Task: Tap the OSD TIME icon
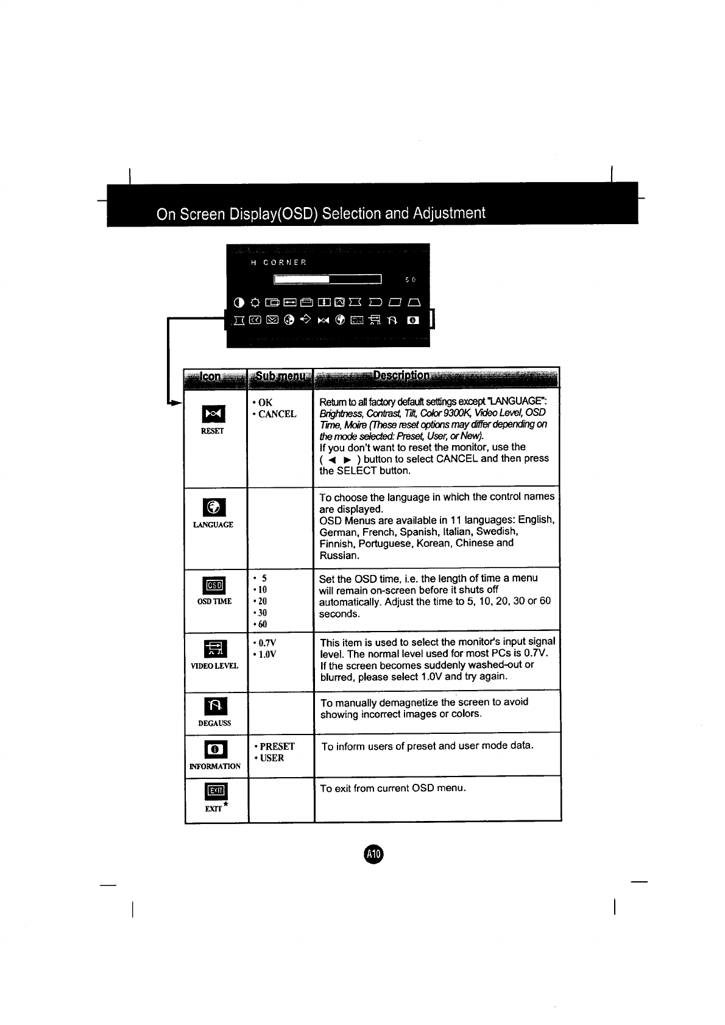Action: [214, 585]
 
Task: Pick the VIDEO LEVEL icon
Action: [214, 649]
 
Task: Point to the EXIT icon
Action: [216, 791]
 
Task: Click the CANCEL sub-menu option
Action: [277, 414]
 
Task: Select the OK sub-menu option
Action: [265, 403]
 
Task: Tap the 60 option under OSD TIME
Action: [262, 624]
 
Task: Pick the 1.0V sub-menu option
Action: [267, 654]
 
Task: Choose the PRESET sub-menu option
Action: [277, 746]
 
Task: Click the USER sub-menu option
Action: [272, 758]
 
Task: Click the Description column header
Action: [402, 376]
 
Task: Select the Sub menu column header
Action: [280, 376]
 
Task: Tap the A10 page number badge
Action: [373, 854]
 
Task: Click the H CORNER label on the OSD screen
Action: [278, 262]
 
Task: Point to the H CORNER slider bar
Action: [328, 279]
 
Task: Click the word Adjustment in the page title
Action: [449, 213]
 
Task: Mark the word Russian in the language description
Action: [339, 555]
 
